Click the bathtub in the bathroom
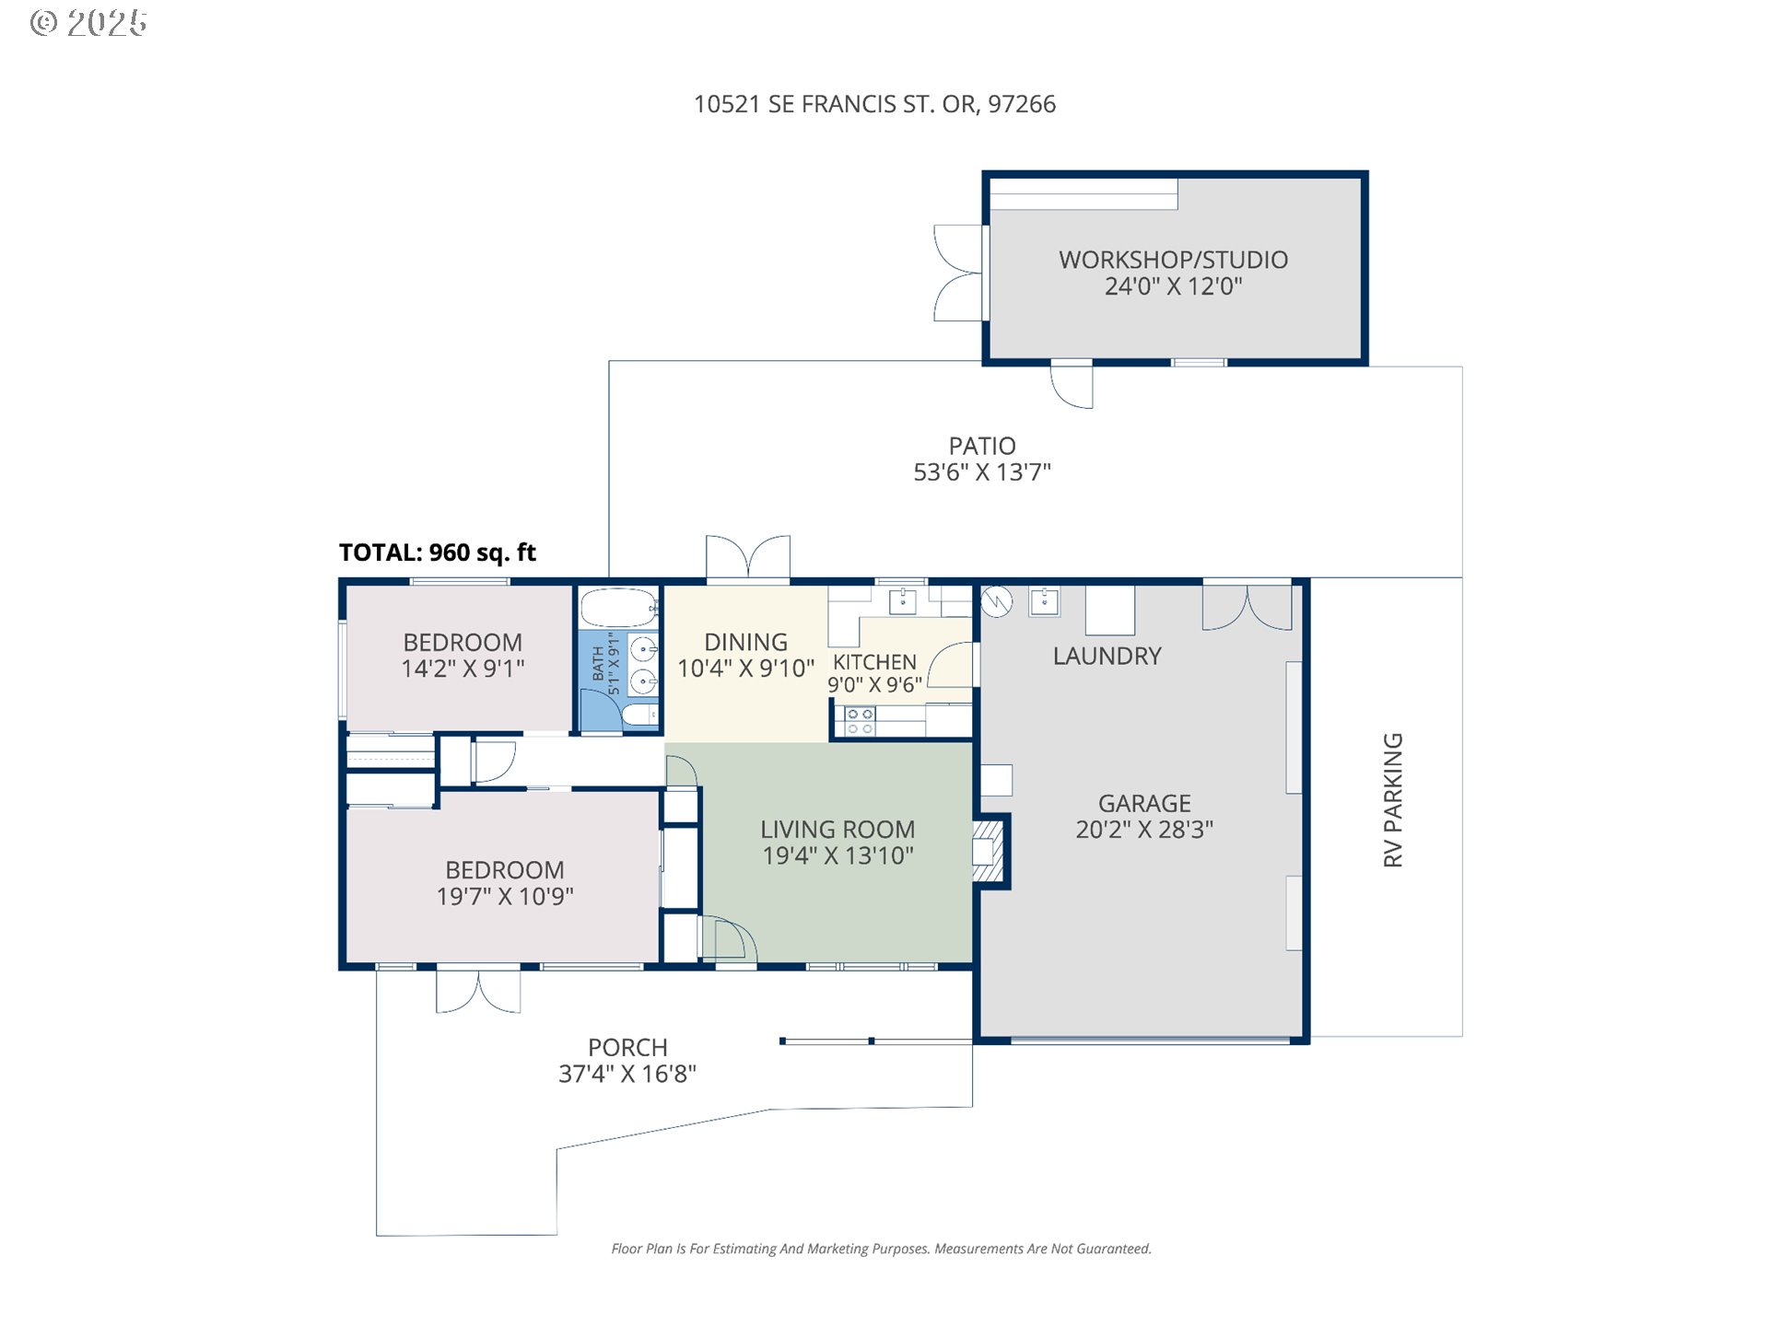[x=618, y=608]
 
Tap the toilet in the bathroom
[x=639, y=715]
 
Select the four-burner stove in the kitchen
[x=860, y=721]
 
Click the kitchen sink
[x=902, y=601]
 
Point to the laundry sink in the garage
[x=1044, y=601]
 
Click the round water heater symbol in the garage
[x=997, y=601]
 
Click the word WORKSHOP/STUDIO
[x=1173, y=260]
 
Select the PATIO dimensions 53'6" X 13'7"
[x=981, y=472]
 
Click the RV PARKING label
[x=1392, y=799]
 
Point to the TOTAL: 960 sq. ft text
[x=437, y=552]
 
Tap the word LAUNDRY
[x=1107, y=656]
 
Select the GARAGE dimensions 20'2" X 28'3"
[x=1144, y=830]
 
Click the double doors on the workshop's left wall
[x=958, y=273]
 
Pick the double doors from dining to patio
[x=748, y=557]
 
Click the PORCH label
[x=627, y=1048]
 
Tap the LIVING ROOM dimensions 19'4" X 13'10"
[x=838, y=855]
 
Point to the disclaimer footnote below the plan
[x=881, y=1249]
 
